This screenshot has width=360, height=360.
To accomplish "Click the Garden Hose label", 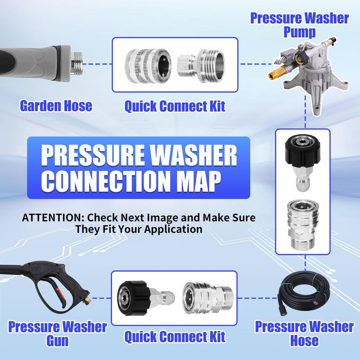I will tap(56, 106).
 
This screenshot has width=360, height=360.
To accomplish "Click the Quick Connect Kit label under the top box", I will tap(175, 106).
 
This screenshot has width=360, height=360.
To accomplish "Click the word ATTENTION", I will tap(53, 218).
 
